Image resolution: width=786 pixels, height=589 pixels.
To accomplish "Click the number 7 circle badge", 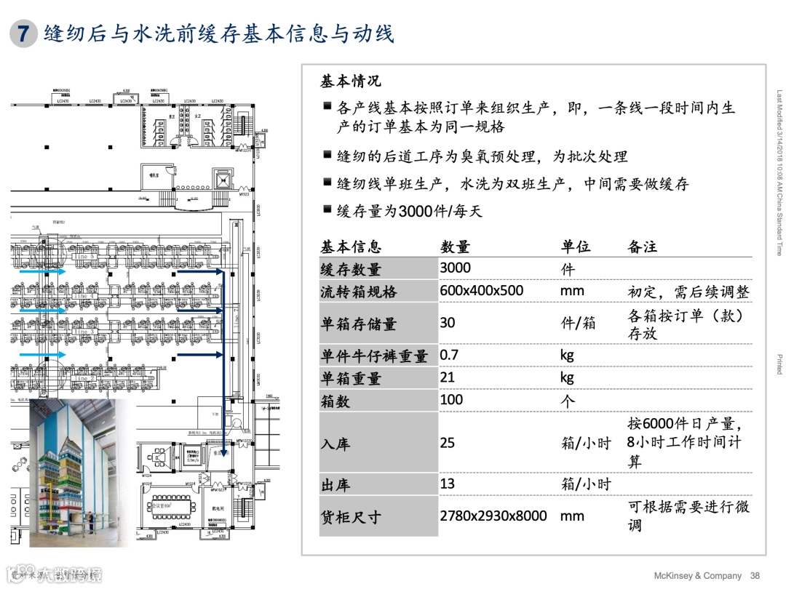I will click(x=23, y=33).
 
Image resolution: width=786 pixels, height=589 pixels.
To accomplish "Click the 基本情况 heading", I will click(x=350, y=81).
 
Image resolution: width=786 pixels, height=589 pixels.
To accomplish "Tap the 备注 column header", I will click(x=642, y=247).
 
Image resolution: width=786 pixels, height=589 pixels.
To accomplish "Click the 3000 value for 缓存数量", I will click(x=455, y=268).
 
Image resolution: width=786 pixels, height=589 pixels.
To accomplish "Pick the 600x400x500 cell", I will click(x=481, y=291).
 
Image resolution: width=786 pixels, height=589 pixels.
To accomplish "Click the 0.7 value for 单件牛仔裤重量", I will click(x=449, y=355).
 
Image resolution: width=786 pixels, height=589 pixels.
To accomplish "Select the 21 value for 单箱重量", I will click(x=447, y=377).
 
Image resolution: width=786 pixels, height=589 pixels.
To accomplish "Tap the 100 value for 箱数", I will click(x=451, y=399).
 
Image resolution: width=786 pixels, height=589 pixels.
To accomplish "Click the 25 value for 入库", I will click(x=447, y=442).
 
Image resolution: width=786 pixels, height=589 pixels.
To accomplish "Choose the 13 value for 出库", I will click(x=447, y=484).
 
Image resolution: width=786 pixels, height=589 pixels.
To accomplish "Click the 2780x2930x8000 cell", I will click(x=493, y=516).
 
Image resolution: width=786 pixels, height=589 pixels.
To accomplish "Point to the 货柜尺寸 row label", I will click(x=351, y=517).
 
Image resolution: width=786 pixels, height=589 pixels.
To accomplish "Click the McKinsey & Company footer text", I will click(x=697, y=576).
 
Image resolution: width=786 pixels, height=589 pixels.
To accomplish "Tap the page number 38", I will click(x=755, y=576).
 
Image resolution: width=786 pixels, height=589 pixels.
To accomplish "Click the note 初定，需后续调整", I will click(x=688, y=292).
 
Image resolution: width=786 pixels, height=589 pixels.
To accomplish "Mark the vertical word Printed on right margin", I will click(x=779, y=364).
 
